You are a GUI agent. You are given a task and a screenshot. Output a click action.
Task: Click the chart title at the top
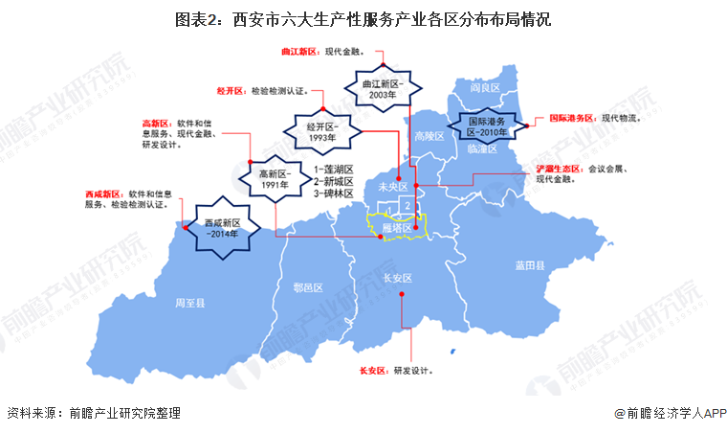(x=363, y=18)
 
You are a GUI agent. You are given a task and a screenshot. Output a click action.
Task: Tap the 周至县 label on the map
(x=188, y=303)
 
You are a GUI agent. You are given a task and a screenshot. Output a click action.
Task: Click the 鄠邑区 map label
(x=308, y=287)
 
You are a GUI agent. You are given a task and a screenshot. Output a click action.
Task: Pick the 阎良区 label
(x=486, y=87)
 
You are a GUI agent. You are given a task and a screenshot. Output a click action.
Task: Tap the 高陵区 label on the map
(x=430, y=137)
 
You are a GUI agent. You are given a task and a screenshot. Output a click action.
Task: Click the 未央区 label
(x=393, y=186)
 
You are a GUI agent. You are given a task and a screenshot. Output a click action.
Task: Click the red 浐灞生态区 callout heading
(x=559, y=169)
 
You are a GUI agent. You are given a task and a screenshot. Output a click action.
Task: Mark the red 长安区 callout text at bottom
(x=371, y=370)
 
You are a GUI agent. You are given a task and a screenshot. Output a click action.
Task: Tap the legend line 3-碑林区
(x=334, y=194)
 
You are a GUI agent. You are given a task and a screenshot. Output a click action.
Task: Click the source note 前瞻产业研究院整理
(x=123, y=414)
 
